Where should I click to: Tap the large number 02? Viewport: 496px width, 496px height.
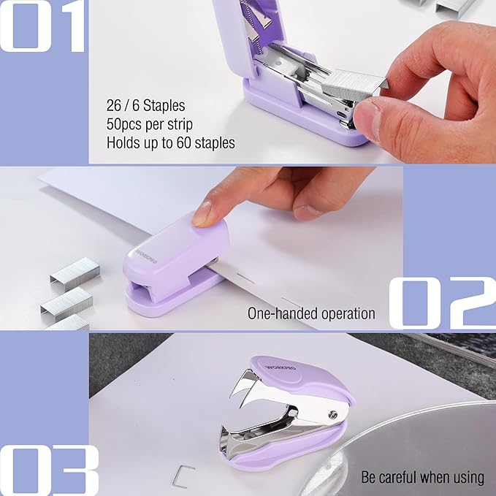(441, 302)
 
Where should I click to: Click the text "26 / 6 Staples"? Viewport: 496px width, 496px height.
(145, 107)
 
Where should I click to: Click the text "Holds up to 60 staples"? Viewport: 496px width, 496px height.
(170, 142)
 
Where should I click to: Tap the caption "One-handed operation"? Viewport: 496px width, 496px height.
(311, 313)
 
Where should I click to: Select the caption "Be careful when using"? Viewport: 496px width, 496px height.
(422, 477)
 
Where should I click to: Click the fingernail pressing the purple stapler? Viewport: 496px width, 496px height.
(202, 213)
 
